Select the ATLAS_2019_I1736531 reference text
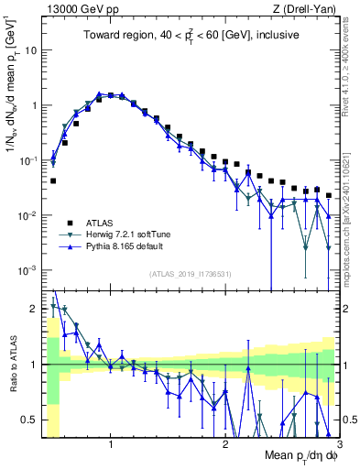191,274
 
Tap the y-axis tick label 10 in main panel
29,49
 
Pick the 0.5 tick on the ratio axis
29,420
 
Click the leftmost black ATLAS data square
53,180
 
